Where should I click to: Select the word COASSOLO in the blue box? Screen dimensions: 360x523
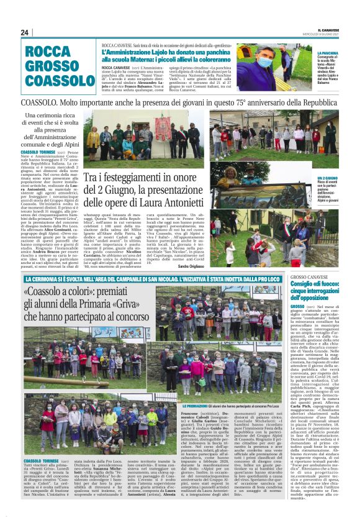click(x=60, y=80)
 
